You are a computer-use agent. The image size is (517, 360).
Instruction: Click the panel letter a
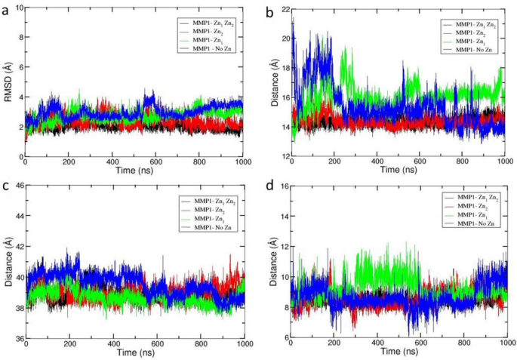click(x=5, y=6)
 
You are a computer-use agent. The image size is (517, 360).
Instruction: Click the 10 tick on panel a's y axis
click(x=17, y=8)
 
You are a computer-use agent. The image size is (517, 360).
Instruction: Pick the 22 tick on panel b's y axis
click(x=282, y=9)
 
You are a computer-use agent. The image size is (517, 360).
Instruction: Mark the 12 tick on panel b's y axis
click(x=282, y=155)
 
